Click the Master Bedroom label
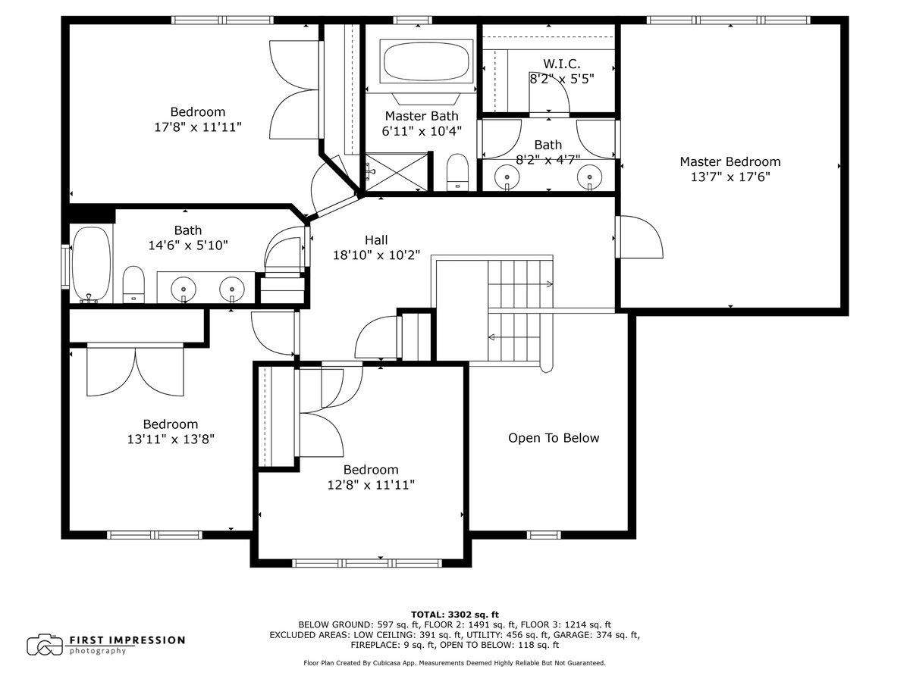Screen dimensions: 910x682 click(x=730, y=161)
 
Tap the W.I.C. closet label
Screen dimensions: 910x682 click(x=562, y=64)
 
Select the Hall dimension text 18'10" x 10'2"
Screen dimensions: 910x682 click(x=376, y=255)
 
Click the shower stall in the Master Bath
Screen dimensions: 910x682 click(x=397, y=172)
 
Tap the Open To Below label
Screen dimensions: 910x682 click(x=554, y=438)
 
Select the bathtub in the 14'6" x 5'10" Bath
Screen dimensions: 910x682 click(x=92, y=265)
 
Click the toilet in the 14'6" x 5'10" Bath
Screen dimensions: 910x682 click(x=133, y=284)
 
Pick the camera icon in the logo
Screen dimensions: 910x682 click(x=45, y=645)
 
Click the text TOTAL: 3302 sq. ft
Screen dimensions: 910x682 click(x=455, y=615)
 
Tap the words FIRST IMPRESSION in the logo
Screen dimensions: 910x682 click(x=127, y=640)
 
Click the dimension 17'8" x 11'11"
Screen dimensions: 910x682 click(x=198, y=127)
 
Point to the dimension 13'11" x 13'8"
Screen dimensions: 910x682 click(x=171, y=439)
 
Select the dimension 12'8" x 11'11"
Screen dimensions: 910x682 click(x=371, y=484)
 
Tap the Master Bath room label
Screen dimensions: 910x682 click(x=422, y=116)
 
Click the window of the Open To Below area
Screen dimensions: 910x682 click(x=544, y=535)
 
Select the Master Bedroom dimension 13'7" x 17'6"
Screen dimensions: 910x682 click(x=730, y=177)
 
